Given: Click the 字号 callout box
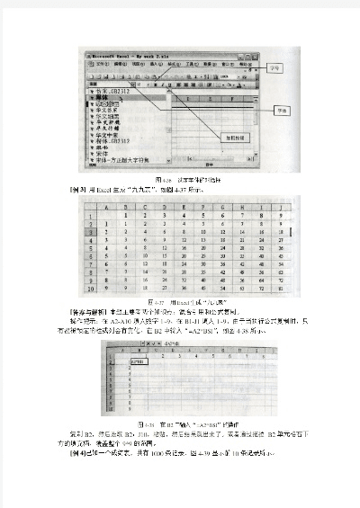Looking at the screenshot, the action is pyautogui.click(x=278, y=67).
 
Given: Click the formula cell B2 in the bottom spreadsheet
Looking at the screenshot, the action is pyautogui.click(x=126, y=358).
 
